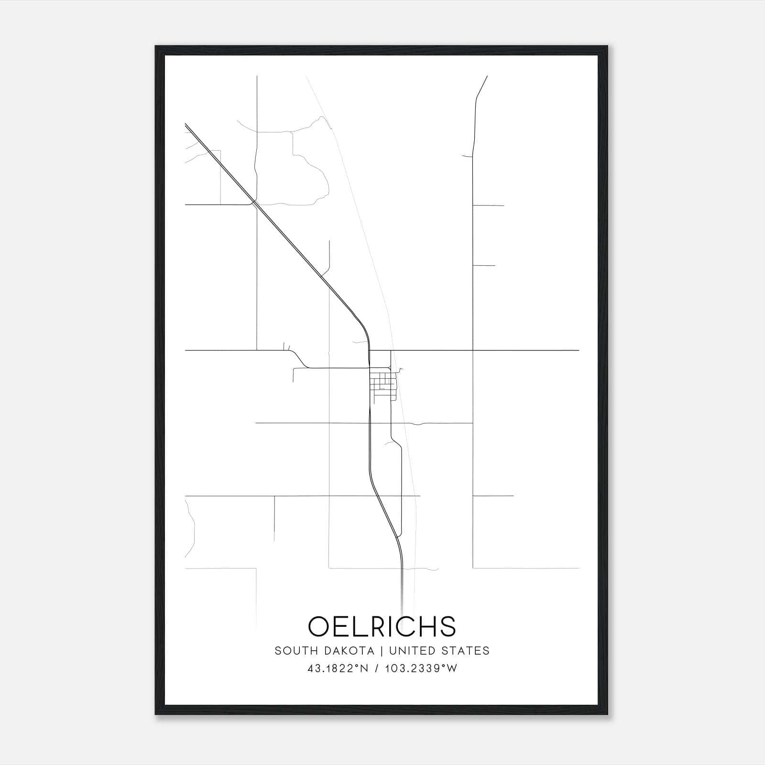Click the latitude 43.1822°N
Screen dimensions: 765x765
pyautogui.click(x=338, y=668)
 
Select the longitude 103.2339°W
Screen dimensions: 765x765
pyautogui.click(x=421, y=668)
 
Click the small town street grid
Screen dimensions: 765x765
pyautogui.click(x=383, y=382)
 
